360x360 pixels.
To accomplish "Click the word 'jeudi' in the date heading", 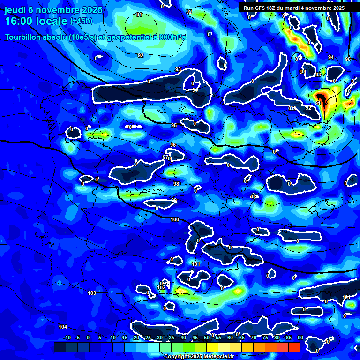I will [x=15, y=10].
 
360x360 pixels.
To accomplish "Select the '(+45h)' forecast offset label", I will [x=81, y=22].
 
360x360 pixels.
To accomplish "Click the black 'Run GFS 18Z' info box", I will [x=294, y=8].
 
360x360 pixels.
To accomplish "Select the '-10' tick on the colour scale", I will [x=67, y=338].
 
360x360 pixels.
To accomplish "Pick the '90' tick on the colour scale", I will [x=300, y=338].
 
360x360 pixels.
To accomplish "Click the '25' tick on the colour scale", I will [x=148, y=338].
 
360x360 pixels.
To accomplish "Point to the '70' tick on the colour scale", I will [x=253, y=338].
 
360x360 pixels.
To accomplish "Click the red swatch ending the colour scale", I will [x=294, y=347].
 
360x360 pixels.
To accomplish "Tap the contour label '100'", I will [x=175, y=219].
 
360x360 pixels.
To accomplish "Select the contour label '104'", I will [x=63, y=327].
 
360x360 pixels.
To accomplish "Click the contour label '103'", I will [x=92, y=293].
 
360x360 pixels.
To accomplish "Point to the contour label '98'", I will [x=176, y=184].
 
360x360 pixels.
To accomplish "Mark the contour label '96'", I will [x=173, y=145].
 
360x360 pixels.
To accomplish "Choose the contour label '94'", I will [x=331, y=57].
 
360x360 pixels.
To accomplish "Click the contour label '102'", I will [x=161, y=288].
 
